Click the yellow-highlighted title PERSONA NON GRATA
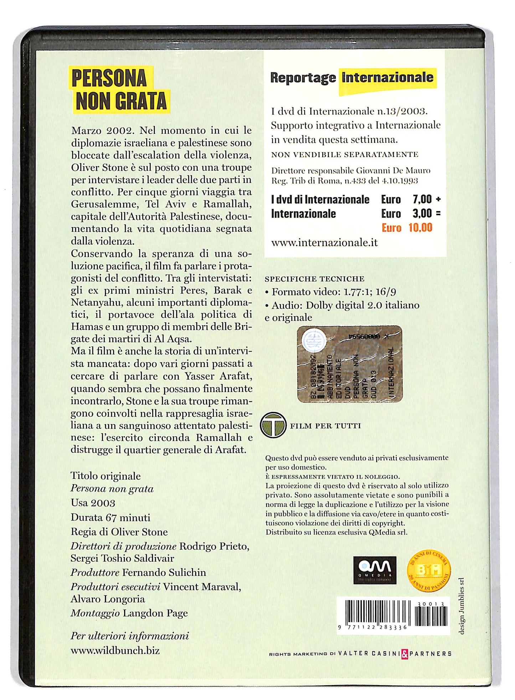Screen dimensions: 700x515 pos(120,90)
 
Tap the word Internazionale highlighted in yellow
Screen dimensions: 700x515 pos(387,78)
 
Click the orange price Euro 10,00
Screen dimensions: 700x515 pos(407,228)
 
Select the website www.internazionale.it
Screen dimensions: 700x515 pos(324,243)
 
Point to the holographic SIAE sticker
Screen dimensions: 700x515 pos(350,364)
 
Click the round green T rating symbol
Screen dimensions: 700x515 pos(273,425)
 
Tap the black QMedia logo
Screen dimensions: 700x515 pos(375,570)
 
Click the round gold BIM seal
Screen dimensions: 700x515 pos(429,571)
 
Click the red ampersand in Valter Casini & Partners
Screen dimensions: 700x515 pos(405,654)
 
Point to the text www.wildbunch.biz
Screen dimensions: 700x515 pos(115,650)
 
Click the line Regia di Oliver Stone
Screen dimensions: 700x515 pos(119,532)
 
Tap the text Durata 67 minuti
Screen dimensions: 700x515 pos(110,518)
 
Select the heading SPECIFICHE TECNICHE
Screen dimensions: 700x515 pos(314,279)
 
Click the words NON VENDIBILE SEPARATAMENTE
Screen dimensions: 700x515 pos(345,155)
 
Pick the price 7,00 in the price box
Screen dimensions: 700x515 pos(422,199)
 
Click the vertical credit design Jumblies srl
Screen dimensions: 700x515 pos(462,606)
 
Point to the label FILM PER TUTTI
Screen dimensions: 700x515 pos(325,426)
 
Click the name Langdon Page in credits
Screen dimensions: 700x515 pos(155,613)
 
